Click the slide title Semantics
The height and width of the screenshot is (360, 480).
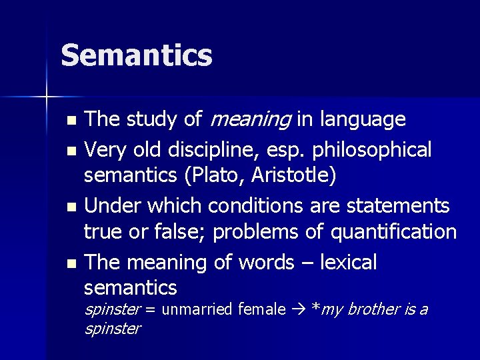coord(137,55)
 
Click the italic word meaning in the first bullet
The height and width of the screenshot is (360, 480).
coord(249,120)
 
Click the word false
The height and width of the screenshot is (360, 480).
coord(180,232)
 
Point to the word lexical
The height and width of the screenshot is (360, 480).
coord(348,262)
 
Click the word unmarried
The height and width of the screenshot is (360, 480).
coord(197,309)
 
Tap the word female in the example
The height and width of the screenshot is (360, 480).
coord(261,309)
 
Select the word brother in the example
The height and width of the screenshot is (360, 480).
coord(373,309)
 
